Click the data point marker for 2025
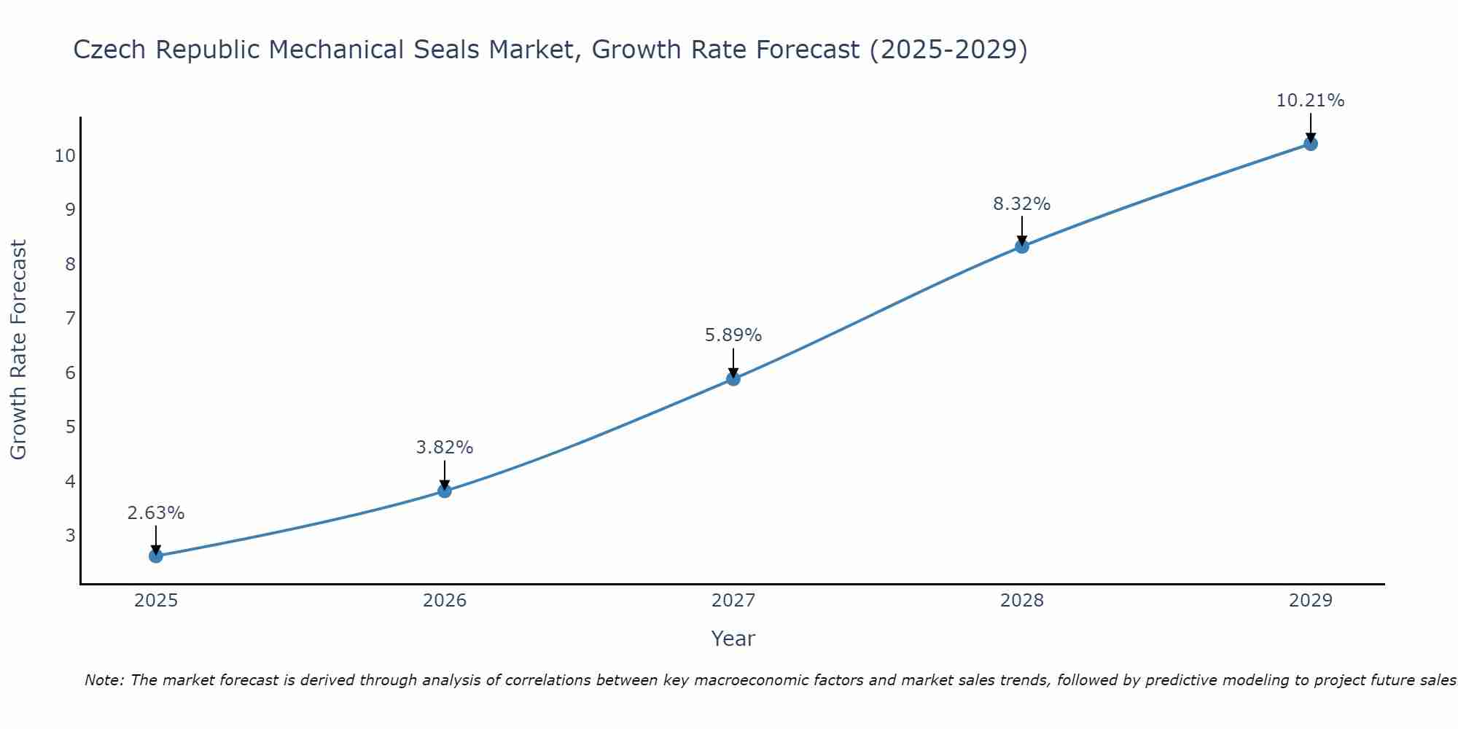156,556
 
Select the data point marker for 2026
445,491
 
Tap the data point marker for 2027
733,378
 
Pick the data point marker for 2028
1022,246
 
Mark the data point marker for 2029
1311,144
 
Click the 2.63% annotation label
156,513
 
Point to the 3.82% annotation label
445,448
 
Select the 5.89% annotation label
733,335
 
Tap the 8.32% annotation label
1022,204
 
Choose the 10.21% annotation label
1310,101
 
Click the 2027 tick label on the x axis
733,601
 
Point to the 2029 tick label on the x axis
1311,601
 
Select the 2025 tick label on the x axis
156,601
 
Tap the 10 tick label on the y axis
65,155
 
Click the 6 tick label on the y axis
71,373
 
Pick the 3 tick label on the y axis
71,535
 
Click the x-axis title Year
733,639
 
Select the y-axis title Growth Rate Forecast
19,350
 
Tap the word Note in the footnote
104,680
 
